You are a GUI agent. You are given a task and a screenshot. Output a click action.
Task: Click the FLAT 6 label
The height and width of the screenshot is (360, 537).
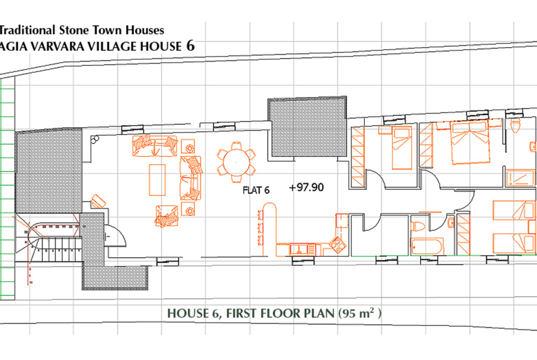tap(256, 190)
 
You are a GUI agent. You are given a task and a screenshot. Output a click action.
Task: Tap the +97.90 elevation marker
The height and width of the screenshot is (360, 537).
tap(306, 187)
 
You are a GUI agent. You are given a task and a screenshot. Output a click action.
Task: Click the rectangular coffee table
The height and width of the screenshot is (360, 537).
tap(157, 180)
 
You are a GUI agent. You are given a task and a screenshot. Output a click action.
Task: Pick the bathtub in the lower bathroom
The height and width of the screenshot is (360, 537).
tap(427, 246)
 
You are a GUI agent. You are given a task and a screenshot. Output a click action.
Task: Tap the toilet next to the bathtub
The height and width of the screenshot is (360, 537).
tap(419, 226)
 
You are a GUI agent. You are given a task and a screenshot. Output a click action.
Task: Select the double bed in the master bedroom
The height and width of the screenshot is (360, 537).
tap(470, 142)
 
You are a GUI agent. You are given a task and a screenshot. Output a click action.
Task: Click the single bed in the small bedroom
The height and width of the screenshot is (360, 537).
tap(402, 148)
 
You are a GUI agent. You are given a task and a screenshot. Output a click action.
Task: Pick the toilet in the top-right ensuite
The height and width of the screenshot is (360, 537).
tap(515, 125)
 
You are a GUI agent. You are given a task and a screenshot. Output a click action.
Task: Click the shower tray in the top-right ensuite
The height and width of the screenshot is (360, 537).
tap(520, 177)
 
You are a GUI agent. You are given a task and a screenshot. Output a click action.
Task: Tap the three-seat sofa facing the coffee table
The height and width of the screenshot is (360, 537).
tap(190, 178)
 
